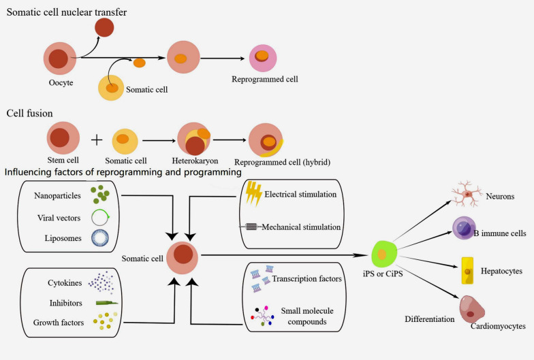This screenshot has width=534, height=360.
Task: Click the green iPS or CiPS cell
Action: coord(383,254)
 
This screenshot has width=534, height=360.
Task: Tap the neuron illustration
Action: coord(467,193)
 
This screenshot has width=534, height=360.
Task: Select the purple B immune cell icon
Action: coord(463,227)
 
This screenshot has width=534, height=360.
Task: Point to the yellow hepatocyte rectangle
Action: coord(467,271)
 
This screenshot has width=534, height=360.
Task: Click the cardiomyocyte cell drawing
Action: coord(471,309)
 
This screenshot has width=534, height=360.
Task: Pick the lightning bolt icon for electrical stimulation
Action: coord(253,193)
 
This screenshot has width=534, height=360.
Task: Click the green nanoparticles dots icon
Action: coord(99,194)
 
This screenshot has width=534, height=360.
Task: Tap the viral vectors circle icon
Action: coord(99,218)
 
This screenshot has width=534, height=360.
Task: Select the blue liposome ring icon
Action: coord(100,238)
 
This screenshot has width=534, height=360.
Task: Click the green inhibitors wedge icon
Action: coord(106,302)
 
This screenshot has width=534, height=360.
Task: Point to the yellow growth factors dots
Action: coord(105,321)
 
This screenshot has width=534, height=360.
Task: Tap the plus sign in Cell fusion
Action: coord(97,140)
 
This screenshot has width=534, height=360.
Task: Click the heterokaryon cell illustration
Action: coord(194,139)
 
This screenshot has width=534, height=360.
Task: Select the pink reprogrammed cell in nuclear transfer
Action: coord(263,59)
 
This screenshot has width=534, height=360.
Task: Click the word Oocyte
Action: coord(61,83)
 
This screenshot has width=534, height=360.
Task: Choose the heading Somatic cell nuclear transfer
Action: coord(67,12)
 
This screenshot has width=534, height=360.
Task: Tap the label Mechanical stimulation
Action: coord(301,227)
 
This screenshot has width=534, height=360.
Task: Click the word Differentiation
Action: coord(429,319)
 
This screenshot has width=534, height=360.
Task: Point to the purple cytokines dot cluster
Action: coord(101,282)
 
